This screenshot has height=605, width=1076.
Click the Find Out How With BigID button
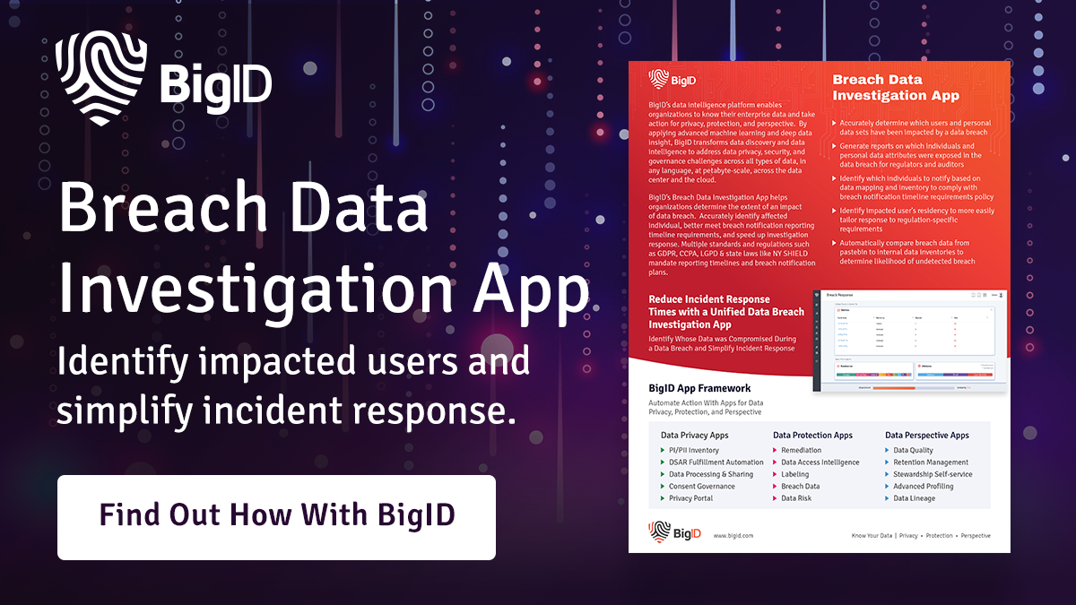pyautogui.click(x=276, y=516)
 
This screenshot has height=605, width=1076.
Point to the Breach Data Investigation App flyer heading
pyautogui.click(x=896, y=88)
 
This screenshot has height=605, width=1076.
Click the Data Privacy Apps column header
pyautogui.click(x=695, y=435)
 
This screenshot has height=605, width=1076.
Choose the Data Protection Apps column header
pyautogui.click(x=812, y=435)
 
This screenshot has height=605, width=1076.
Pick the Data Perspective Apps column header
pyautogui.click(x=926, y=435)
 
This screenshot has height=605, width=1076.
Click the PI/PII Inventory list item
pyautogui.click(x=693, y=450)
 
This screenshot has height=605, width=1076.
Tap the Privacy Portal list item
pyautogui.click(x=690, y=497)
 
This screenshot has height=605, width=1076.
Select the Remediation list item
pyautogui.click(x=801, y=450)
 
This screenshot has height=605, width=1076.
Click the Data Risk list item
pyautogui.click(x=797, y=497)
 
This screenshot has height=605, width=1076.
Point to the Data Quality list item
pyautogui.click(x=913, y=450)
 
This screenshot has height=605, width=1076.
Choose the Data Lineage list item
pyautogui.click(x=914, y=497)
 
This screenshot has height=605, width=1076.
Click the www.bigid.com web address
pyautogui.click(x=733, y=535)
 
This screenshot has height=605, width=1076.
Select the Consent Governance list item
pyautogui.click(x=701, y=486)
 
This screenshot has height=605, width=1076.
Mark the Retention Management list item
pyautogui.click(x=930, y=462)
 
